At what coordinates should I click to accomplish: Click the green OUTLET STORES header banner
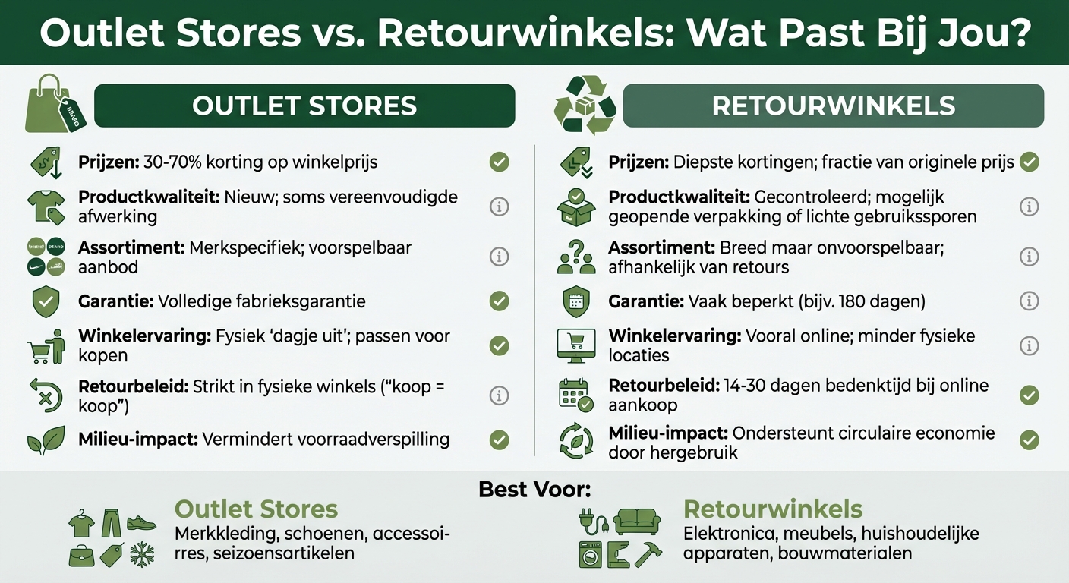[304, 106]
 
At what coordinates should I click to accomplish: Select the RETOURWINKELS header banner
[833, 106]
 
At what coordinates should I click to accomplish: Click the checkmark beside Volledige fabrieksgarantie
[499, 301]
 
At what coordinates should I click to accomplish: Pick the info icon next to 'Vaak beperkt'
[1029, 301]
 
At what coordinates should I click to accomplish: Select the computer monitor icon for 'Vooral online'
[575, 345]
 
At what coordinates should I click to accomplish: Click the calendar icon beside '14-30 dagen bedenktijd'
[575, 395]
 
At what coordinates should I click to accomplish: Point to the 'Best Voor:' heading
[534, 490]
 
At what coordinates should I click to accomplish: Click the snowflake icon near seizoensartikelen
[142, 555]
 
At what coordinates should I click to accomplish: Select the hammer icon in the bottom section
[649, 554]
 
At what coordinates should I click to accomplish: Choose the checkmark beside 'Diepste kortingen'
[1029, 162]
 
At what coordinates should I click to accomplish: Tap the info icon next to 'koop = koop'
[499, 395]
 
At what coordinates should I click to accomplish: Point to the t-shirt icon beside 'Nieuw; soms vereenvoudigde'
[45, 206]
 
